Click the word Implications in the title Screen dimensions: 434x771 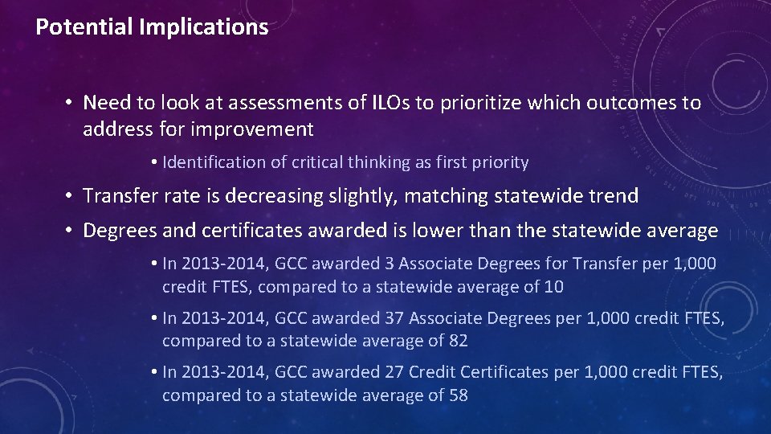203,27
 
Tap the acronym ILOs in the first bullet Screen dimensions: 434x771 391,103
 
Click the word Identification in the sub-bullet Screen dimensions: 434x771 213,162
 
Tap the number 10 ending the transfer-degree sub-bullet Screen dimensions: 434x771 554,287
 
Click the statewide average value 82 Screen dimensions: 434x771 458,341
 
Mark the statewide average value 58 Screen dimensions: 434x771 458,395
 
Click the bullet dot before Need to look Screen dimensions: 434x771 71,103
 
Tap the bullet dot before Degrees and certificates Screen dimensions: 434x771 71,231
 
